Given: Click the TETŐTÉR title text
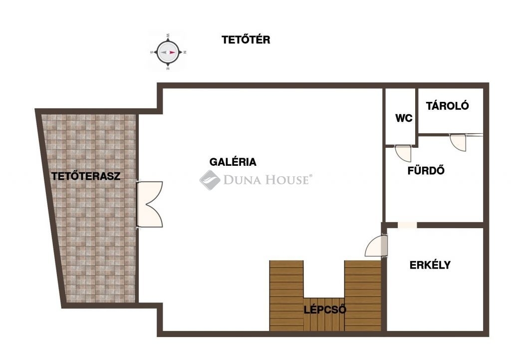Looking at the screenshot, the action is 246,39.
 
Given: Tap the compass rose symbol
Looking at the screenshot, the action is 168,52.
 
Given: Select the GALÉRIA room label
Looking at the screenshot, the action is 233,162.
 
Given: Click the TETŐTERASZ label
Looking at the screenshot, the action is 86,176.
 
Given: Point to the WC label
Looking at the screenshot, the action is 404,118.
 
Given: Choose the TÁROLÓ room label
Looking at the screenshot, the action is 447,106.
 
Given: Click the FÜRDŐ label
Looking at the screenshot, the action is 426,170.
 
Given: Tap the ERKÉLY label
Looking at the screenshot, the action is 430,265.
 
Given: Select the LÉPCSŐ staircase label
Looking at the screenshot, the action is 325,310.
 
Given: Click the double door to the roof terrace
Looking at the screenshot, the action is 149,204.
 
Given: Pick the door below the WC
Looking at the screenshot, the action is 403,153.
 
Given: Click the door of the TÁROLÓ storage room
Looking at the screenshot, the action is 458,142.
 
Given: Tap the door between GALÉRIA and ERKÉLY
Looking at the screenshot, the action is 376,246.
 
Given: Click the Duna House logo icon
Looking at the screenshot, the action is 210,180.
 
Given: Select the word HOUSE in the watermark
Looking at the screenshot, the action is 286,180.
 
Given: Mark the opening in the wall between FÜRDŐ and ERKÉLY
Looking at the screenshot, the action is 407,225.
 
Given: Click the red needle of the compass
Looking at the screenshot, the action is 172,52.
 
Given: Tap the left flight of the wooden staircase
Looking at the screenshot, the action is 286,296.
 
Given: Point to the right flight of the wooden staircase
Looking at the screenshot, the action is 363,296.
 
